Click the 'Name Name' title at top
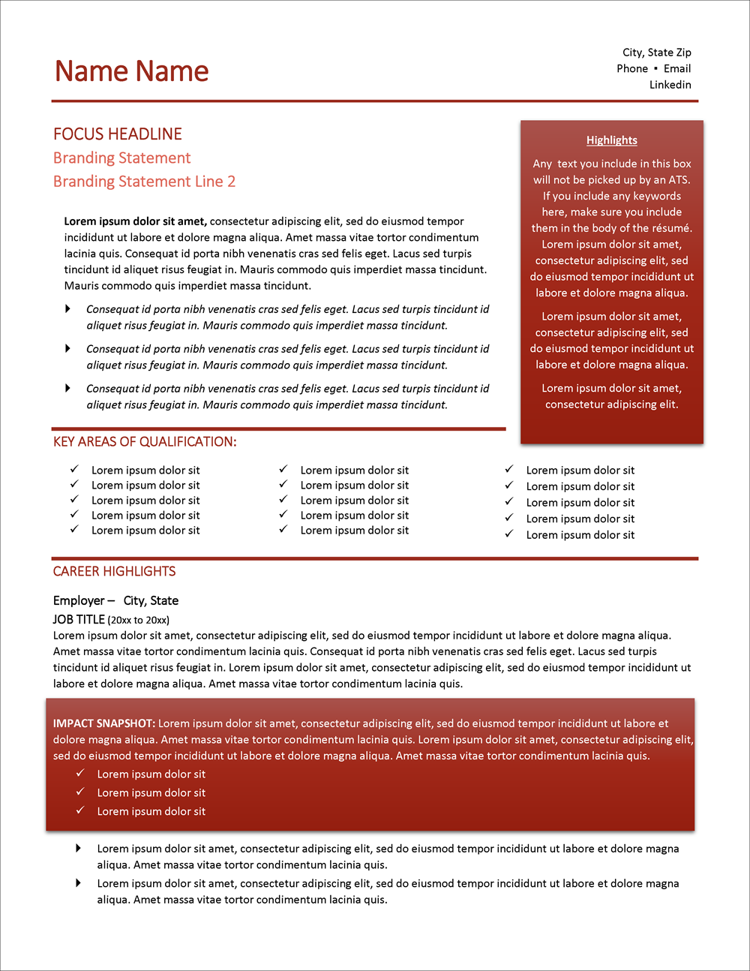[132, 71]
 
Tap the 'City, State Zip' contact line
[656, 53]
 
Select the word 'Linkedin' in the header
[670, 85]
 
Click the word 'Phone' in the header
[632, 68]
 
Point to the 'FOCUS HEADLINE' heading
[118, 134]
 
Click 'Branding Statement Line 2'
[144, 182]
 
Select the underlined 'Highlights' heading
[611, 140]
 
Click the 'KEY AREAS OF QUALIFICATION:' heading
[145, 442]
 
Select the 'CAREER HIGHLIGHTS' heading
[114, 572]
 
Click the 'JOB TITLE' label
[79, 620]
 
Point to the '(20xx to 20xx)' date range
[139, 621]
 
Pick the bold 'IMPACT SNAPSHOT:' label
[103, 724]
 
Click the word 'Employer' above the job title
[79, 601]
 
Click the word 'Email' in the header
[677, 68]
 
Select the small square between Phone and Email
[655, 68]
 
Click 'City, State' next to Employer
[151, 601]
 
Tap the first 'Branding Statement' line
[121, 158]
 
